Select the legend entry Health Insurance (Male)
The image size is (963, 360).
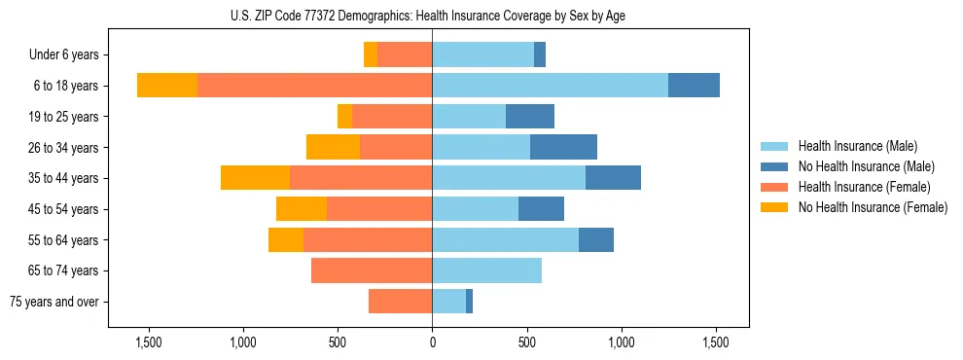tap(857, 146)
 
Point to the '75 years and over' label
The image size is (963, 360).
tap(54, 302)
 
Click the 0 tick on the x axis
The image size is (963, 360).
tap(432, 343)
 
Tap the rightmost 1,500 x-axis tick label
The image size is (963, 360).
tap(716, 343)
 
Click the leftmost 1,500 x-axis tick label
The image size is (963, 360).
tap(149, 343)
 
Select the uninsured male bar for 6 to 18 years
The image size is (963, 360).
tap(694, 86)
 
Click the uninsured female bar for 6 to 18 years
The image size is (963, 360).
tap(167, 86)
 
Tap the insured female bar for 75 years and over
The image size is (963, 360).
tap(400, 302)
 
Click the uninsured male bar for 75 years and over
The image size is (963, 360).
tap(469, 302)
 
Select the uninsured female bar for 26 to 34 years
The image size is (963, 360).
tap(333, 147)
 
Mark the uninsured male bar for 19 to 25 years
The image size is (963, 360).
tap(530, 117)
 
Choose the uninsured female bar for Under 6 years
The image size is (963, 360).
tap(371, 55)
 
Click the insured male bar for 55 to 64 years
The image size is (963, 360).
tap(505, 239)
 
